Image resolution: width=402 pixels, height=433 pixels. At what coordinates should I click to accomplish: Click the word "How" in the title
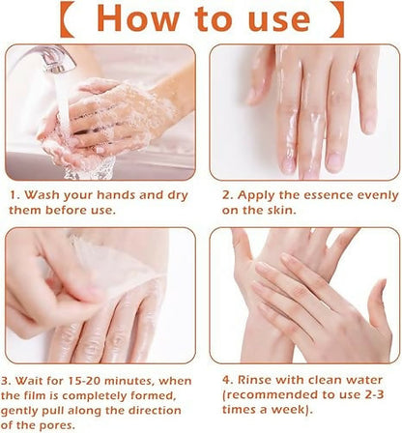pos(138,18)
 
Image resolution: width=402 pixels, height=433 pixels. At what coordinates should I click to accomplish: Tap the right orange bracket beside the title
pos(337,19)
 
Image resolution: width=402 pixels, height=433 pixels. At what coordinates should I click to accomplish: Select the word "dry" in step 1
pos(177,196)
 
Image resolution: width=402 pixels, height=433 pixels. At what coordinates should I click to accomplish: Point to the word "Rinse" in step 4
pos(254,380)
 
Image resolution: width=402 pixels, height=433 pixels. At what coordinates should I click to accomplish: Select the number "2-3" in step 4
pos(374,394)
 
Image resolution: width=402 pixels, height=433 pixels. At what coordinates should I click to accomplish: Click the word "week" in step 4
pos(287,410)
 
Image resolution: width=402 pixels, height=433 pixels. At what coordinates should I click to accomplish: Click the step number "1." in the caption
pos(15,195)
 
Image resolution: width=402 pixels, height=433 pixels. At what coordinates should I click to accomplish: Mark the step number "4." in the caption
pos(228,380)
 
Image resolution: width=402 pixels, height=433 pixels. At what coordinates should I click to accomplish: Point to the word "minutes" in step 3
pos(128,381)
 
